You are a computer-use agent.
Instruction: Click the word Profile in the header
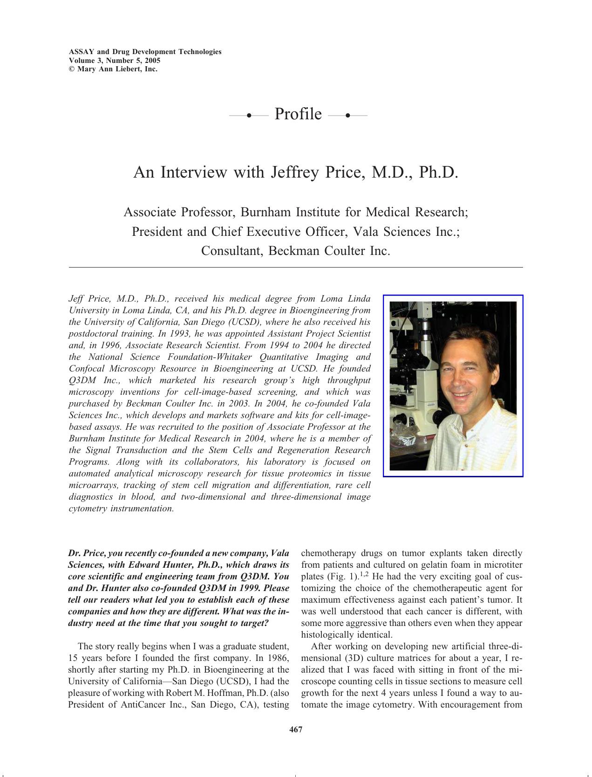pos(298,114)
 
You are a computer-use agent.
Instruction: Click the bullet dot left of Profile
pos(249,115)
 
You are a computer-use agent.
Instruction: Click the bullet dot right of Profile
pos(347,115)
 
